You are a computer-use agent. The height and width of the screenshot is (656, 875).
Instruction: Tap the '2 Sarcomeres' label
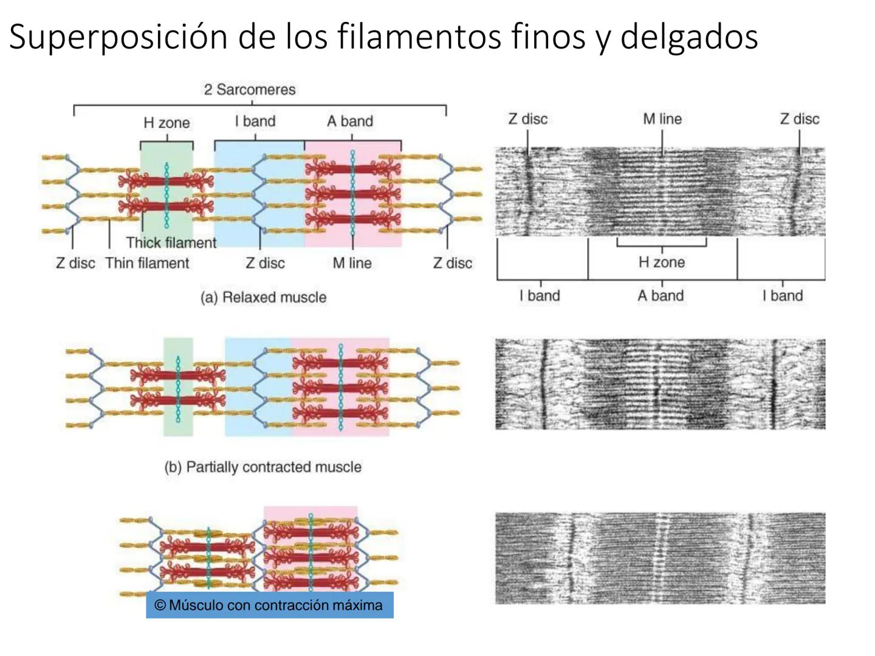250,90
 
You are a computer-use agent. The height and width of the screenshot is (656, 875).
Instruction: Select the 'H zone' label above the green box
166,123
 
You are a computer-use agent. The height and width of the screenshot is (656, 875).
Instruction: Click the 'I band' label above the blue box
255,121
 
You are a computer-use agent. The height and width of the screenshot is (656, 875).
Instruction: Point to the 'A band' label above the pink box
350,121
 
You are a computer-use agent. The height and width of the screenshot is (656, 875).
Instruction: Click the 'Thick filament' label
171,243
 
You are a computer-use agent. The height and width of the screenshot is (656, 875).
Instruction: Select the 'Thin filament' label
147,263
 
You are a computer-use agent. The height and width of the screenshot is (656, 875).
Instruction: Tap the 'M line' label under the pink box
352,263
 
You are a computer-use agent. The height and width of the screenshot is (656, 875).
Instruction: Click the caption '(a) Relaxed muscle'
263,297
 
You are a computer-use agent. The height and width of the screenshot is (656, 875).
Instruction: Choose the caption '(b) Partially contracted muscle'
262,466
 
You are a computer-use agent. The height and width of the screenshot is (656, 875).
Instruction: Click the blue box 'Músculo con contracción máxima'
269,605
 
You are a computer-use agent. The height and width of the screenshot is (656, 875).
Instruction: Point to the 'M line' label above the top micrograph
662,119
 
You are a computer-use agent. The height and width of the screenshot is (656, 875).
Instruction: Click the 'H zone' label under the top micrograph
662,262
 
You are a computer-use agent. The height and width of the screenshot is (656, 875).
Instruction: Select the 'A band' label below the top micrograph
661,296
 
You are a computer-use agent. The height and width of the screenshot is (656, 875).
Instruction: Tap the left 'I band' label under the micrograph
540,296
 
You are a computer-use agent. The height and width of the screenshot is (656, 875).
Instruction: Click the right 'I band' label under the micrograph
783,296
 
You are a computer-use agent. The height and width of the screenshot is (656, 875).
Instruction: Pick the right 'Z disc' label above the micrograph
800,119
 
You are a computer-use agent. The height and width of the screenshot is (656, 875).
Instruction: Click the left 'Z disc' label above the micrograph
527,119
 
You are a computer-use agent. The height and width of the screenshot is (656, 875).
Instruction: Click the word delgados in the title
689,36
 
